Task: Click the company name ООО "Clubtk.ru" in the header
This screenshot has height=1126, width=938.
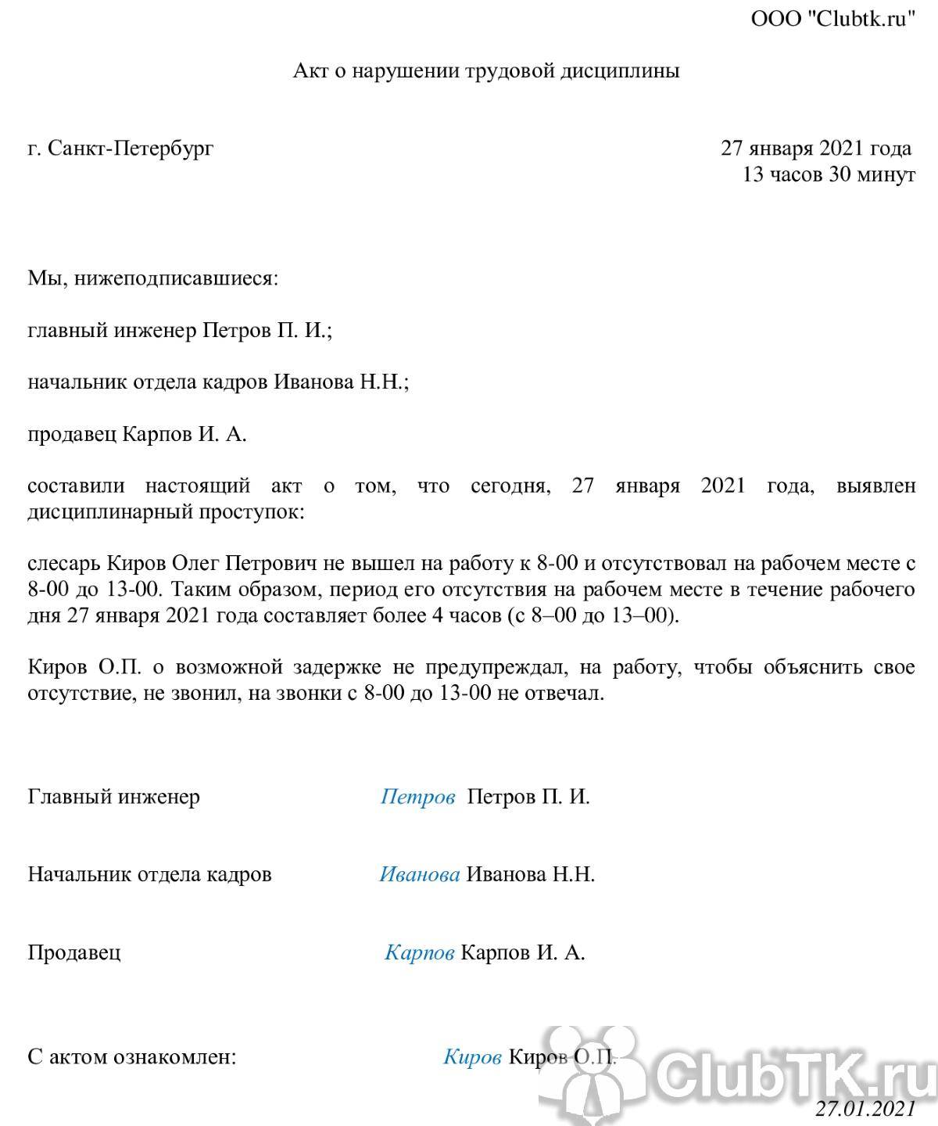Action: click(x=832, y=20)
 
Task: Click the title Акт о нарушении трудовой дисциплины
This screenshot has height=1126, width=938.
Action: click(x=486, y=71)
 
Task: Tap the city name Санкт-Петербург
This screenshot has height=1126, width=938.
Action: click(x=130, y=149)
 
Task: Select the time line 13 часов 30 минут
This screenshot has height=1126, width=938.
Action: click(x=829, y=174)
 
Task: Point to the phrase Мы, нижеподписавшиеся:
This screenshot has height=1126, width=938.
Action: click(x=152, y=278)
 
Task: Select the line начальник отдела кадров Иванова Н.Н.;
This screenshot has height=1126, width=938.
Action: click(x=219, y=382)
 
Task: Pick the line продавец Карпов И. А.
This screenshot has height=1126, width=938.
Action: click(x=138, y=435)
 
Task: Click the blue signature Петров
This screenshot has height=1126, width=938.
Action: click(x=418, y=797)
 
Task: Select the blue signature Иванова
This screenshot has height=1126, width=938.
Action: click(x=420, y=874)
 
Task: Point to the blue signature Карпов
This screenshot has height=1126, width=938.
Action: click(x=420, y=953)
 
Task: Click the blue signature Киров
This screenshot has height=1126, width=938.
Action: click(x=472, y=1058)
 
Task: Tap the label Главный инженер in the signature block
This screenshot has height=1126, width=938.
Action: click(x=114, y=797)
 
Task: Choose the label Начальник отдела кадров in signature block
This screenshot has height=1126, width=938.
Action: click(x=150, y=874)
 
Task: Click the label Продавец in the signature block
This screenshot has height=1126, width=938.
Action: click(x=74, y=953)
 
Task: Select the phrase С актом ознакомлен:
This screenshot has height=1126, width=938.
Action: click(x=131, y=1058)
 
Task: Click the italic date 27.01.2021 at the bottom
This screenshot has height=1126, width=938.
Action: click(x=865, y=1109)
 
